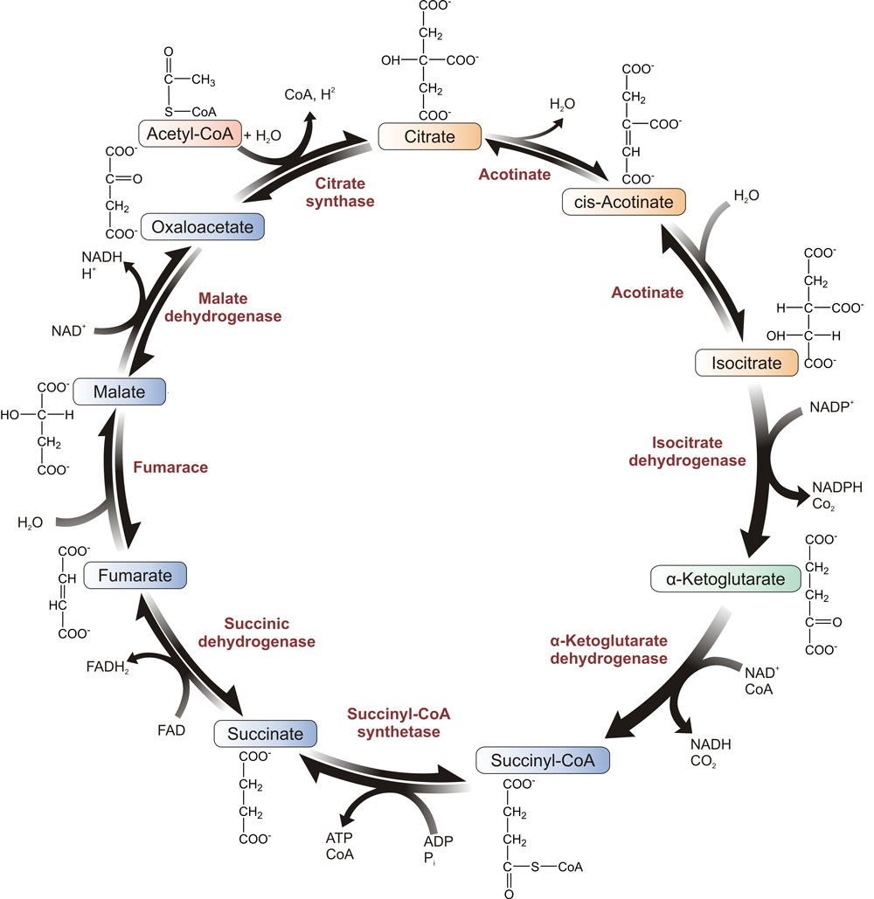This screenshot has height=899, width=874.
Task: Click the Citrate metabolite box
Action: pos(430,136)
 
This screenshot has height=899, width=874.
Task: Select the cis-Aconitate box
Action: pos(622,203)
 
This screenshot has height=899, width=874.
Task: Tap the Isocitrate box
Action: pos(747,363)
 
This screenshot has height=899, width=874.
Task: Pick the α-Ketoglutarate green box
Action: pos(725,578)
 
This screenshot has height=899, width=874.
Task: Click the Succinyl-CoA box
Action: pos(543,760)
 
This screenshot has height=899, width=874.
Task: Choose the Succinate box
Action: pos(265,734)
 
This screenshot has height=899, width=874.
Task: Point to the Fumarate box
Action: pos(136,576)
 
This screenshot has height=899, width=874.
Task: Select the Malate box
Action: pos(121,391)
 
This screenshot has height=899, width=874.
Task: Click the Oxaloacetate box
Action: pos(203,227)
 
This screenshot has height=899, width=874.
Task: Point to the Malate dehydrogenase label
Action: pos(223,308)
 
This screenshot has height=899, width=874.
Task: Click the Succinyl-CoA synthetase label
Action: pos(398,723)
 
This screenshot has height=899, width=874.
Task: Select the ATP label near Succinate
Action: pos(339,839)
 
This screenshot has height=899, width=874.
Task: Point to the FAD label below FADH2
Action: pos(171,730)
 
